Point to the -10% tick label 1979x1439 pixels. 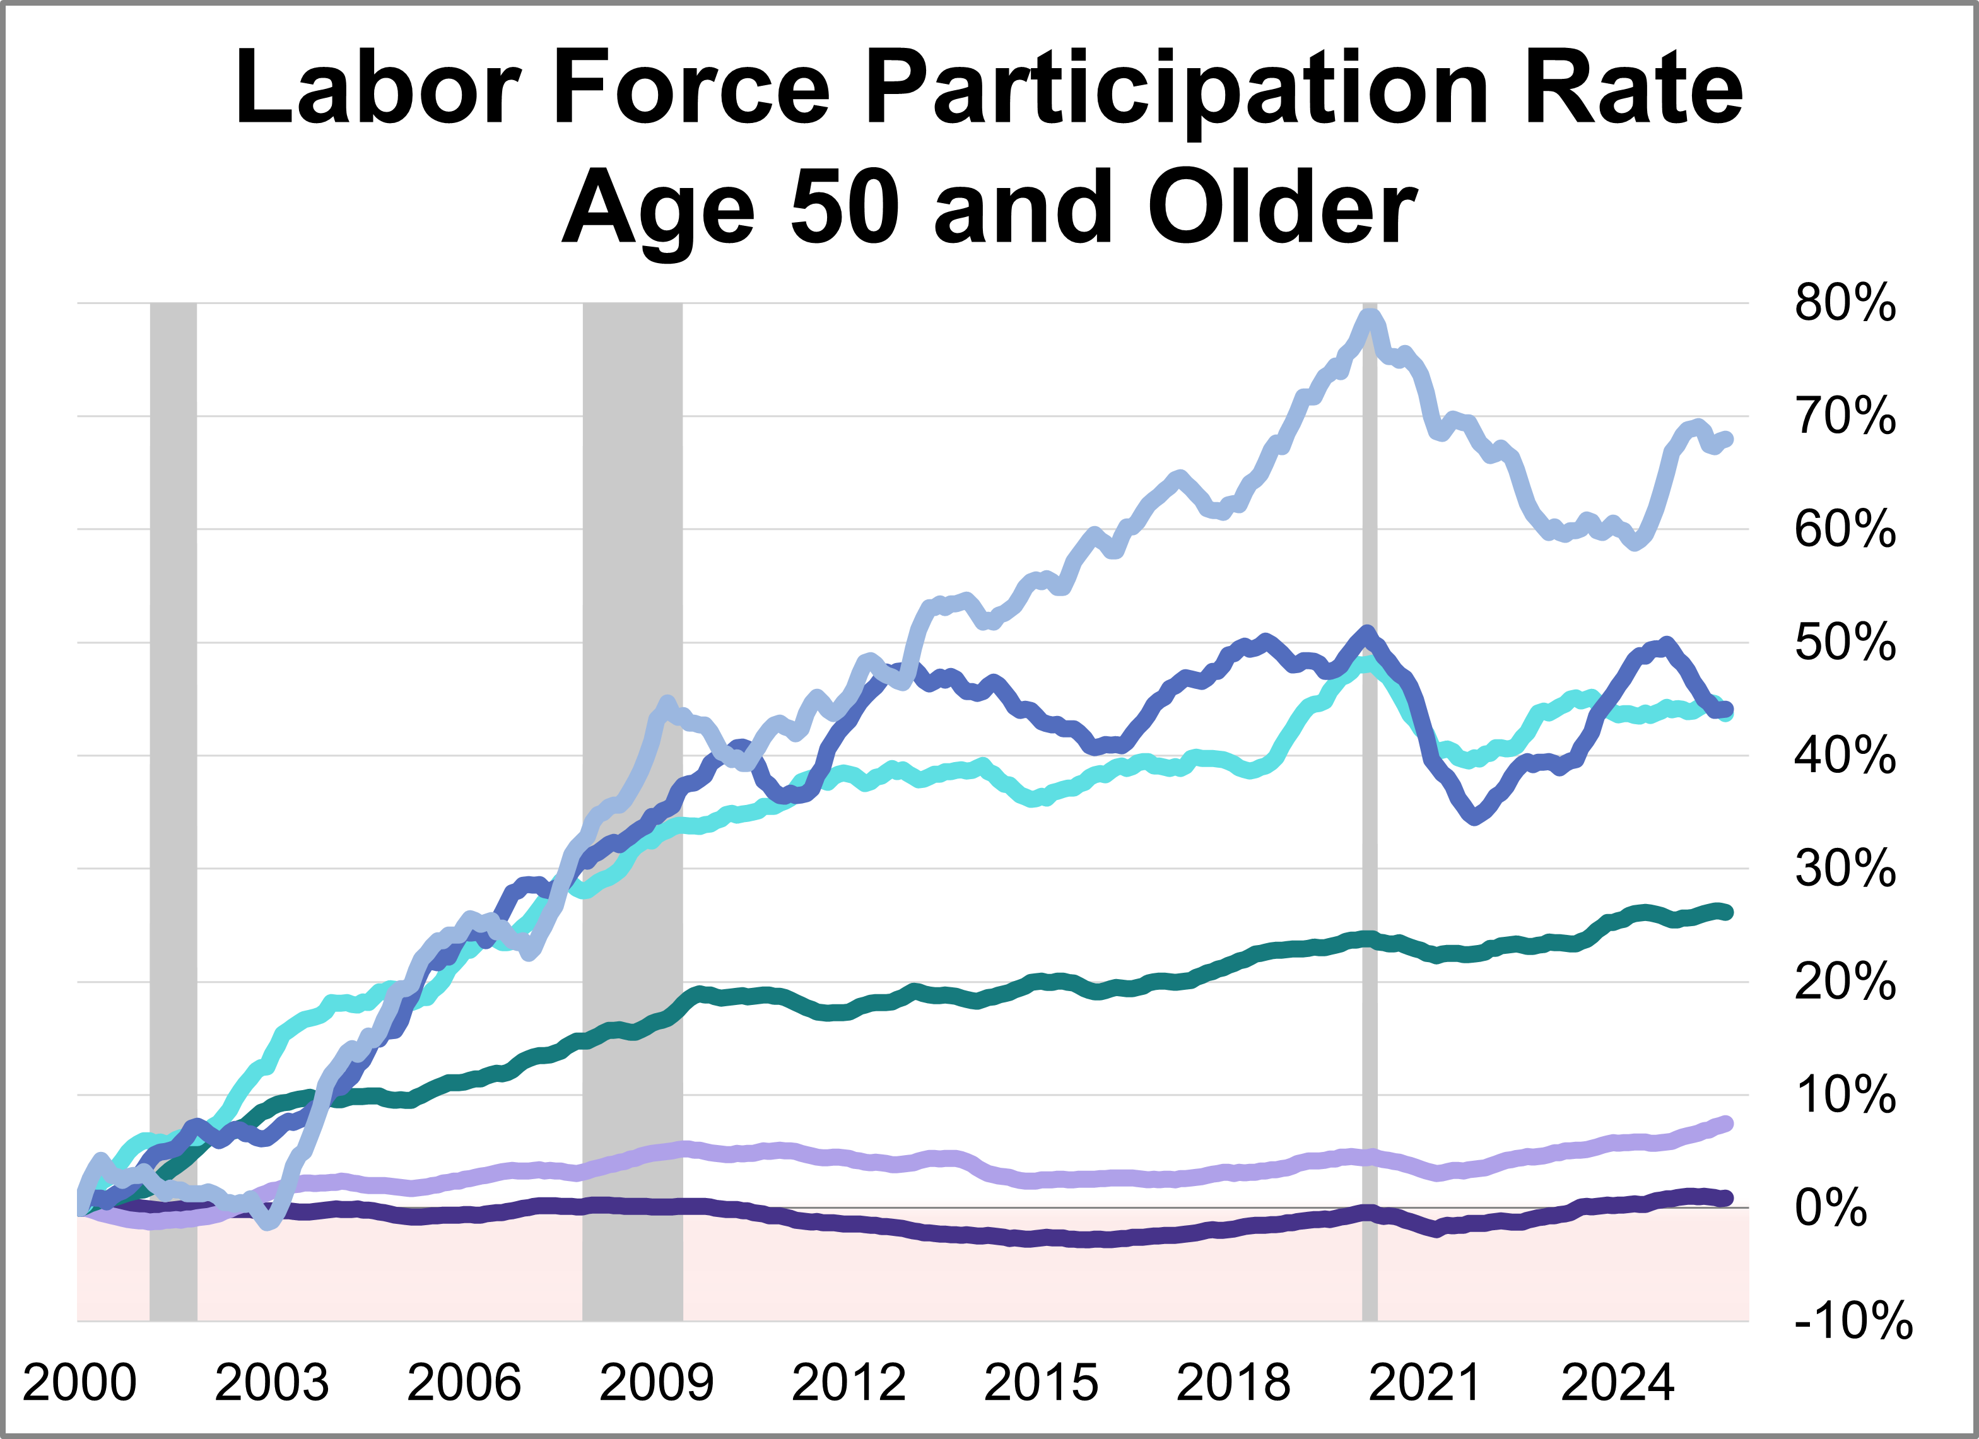coord(1852,1320)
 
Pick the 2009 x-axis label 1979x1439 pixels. coord(656,1382)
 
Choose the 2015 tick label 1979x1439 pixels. coord(1041,1382)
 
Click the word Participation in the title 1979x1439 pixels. coord(1177,89)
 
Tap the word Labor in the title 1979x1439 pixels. coord(377,89)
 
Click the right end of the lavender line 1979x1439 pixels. coord(1725,1123)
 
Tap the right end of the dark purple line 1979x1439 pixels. coord(1725,1198)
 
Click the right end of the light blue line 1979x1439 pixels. coord(1725,439)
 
